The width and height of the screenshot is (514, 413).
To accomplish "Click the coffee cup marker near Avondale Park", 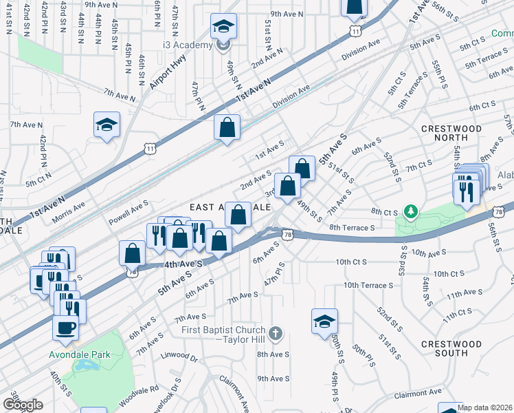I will point(66,329).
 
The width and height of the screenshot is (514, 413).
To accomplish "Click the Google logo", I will point(23,404).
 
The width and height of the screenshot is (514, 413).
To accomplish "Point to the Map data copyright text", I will point(484,407).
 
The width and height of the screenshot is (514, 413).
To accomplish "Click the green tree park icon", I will point(410,209).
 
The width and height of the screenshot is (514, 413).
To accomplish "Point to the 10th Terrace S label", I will point(368,284).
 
